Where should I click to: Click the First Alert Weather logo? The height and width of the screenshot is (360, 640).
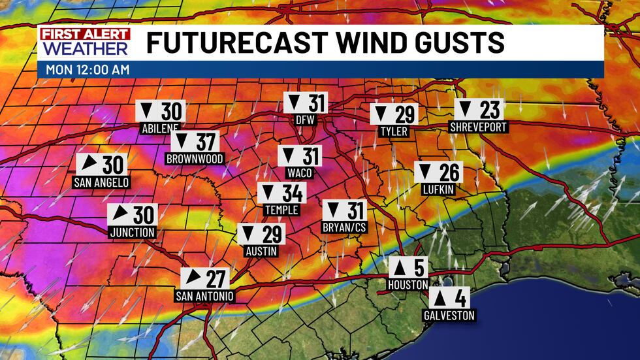84,42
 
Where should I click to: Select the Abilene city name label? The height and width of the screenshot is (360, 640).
159,129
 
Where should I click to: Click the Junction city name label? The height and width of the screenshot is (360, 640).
133,232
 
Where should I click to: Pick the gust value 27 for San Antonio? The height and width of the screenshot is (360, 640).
215,278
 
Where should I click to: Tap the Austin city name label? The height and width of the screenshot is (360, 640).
262,252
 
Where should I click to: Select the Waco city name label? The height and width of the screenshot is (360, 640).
300,173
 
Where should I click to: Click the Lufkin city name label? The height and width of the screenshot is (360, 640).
438,189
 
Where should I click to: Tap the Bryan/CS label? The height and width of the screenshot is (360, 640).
344,228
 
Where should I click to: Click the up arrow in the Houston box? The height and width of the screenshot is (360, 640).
399,269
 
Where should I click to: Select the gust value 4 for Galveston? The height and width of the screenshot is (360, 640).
460,298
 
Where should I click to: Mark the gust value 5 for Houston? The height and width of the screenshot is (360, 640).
418,269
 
